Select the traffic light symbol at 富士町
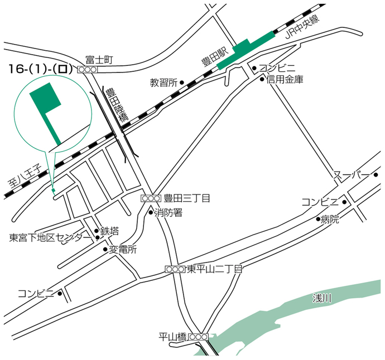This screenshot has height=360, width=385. (x=88, y=70)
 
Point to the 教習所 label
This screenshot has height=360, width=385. (x=163, y=82)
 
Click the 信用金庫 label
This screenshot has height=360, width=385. (x=285, y=80)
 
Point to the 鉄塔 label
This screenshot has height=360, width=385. (x=110, y=230)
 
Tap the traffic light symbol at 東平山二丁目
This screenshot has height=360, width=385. (x=175, y=269)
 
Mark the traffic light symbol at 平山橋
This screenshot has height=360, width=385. (x=198, y=337)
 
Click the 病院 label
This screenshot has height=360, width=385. (x=330, y=220)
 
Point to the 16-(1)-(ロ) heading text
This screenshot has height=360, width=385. (x=38, y=69)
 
